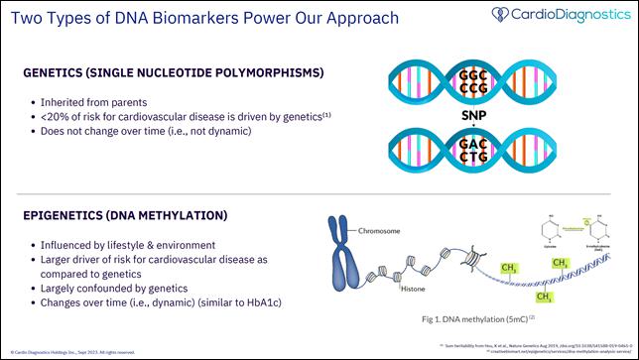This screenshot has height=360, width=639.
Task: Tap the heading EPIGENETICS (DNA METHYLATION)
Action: (x=138, y=215)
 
